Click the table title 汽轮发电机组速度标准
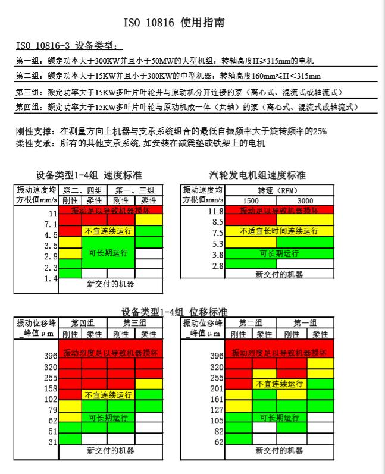[258, 175]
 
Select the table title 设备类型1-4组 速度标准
[89, 175]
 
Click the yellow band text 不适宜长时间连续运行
[278, 231]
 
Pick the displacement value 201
[216, 388]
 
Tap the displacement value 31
[52, 442]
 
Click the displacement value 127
[216, 410]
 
